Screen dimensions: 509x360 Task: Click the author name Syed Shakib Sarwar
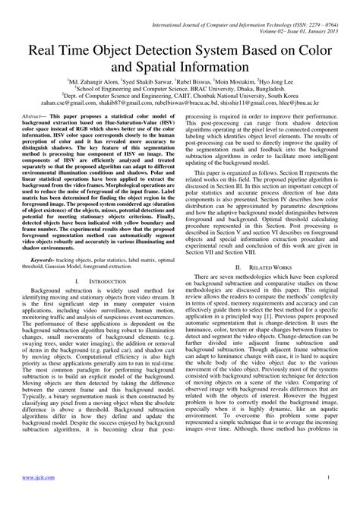(x=152, y=79)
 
